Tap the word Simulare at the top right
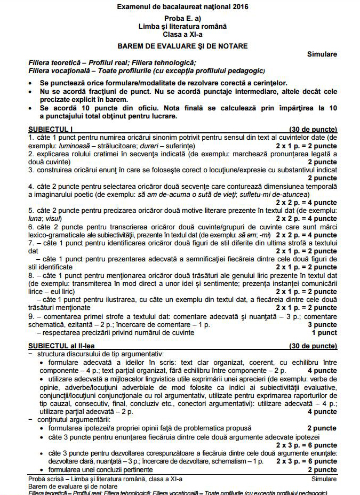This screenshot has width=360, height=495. pyautogui.click(x=322, y=54)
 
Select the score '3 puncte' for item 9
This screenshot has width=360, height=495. pyautogui.click(x=322, y=324)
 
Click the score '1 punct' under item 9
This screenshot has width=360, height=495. pyautogui.click(x=324, y=332)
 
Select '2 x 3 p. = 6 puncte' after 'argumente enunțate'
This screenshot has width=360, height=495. pyautogui.click(x=306, y=461)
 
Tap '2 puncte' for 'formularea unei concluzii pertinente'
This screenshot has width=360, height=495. pyautogui.click(x=322, y=469)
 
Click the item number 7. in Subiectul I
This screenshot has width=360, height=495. pyautogui.click(x=31, y=243)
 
